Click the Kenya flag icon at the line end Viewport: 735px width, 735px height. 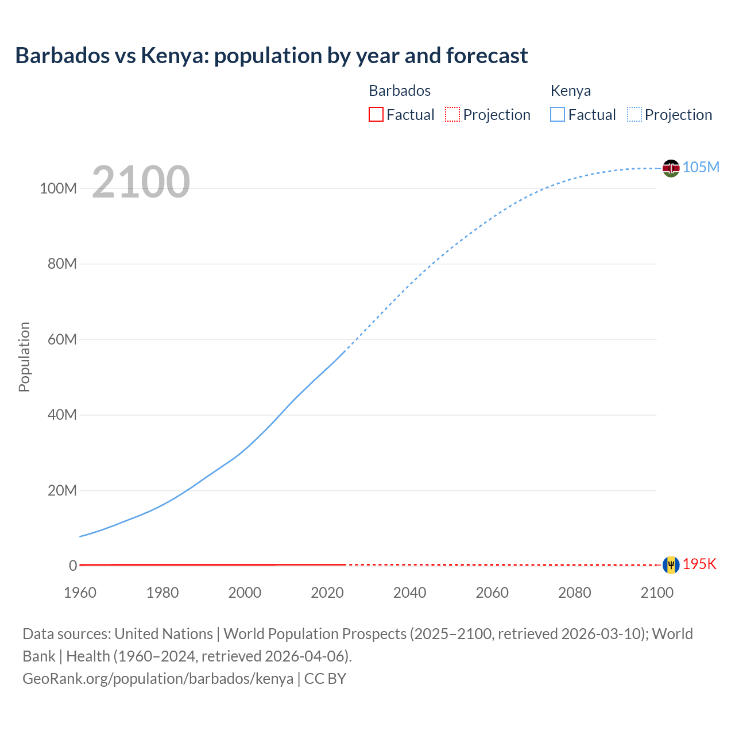point(671,168)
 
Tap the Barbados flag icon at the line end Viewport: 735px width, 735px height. point(671,565)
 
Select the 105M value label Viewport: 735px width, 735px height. point(701,167)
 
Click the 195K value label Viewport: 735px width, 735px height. point(699,564)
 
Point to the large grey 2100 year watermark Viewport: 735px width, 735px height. point(141,182)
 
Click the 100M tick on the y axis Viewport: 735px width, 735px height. point(58,188)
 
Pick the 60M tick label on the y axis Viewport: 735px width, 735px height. point(61,339)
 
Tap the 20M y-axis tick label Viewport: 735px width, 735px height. point(61,490)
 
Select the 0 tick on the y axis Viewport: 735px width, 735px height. point(72,566)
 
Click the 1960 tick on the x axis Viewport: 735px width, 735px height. point(80,593)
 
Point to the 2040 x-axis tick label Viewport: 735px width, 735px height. point(409,593)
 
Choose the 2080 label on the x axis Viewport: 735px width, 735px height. point(574,593)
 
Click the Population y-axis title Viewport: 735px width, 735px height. point(24,357)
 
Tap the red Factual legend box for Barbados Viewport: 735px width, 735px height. point(376,114)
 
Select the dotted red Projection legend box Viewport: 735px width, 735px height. point(452,114)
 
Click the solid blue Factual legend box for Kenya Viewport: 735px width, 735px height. point(558,114)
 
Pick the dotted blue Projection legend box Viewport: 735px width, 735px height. point(635,114)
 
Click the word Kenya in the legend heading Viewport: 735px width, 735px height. point(570,91)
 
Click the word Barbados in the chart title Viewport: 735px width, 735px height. point(62,56)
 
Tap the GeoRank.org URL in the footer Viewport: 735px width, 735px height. point(158,679)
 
